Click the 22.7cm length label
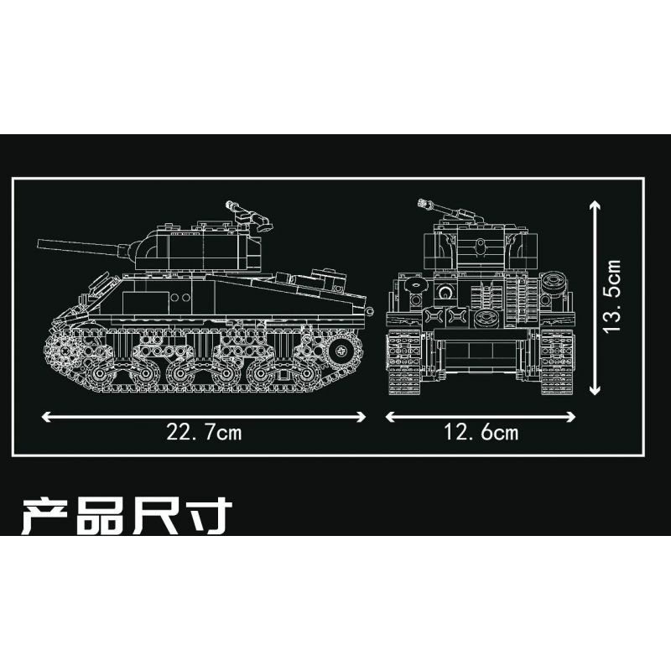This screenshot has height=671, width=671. pos(204,432)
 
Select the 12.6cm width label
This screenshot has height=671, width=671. pos(481,432)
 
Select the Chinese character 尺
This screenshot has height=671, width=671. pos(156,518)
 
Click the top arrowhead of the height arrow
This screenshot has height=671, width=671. pos(595,205)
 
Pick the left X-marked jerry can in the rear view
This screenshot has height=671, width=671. pos(434,317)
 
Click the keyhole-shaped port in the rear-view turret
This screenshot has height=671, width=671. pos(480,247)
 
